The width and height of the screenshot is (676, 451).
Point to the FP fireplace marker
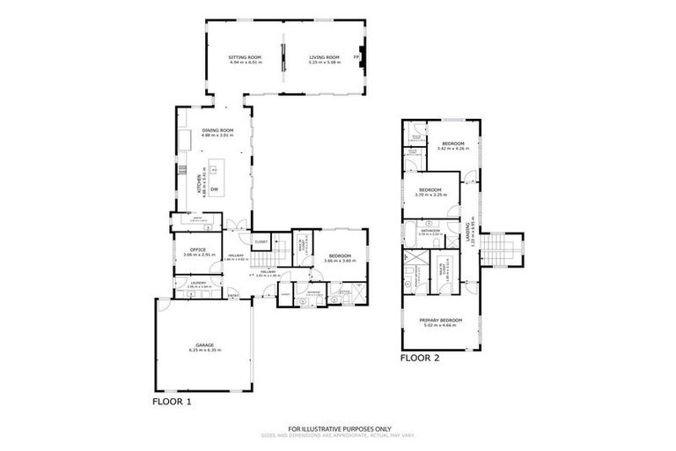coord(356,57)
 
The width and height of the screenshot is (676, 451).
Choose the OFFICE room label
coord(195,249)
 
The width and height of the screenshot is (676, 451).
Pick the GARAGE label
coord(204,344)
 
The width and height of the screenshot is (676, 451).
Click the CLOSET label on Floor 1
coord(261,240)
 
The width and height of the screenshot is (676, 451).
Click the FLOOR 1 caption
coord(173,401)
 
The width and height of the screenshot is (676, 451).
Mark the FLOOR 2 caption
coord(420,359)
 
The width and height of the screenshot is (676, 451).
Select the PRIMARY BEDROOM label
coord(443,320)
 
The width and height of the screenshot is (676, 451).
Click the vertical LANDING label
coord(467,233)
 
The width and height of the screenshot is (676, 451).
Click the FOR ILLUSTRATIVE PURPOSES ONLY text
coord(337,428)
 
